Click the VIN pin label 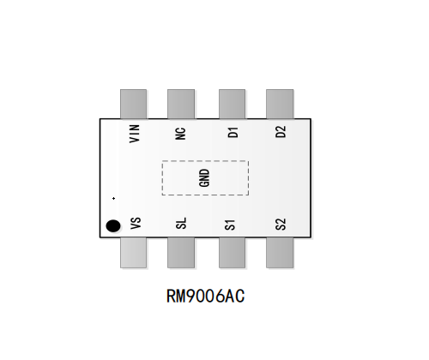[x=135, y=134]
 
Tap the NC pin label [x=180, y=134]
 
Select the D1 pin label [x=233, y=133]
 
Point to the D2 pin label [x=281, y=132]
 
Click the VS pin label [x=136, y=223]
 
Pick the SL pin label [x=181, y=223]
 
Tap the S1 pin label [x=230, y=225]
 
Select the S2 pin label [x=281, y=225]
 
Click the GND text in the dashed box [x=204, y=177]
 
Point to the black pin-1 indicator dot [x=113, y=226]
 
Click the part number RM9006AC [x=206, y=296]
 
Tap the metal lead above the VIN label [x=134, y=104]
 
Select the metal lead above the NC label [x=181, y=104]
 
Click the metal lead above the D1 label [x=232, y=104]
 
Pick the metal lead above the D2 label [x=280, y=104]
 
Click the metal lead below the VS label [x=134, y=253]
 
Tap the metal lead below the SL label [x=181, y=253]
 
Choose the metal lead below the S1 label [x=232, y=253]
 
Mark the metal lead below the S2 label [x=280, y=253]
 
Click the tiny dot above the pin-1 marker [x=114, y=198]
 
